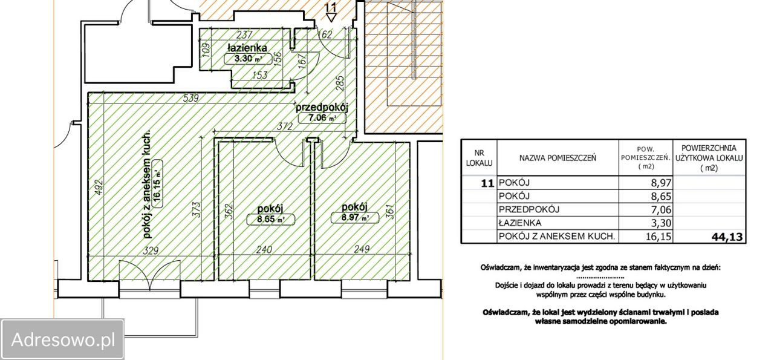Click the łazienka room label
point(247,47)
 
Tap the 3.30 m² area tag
point(248,59)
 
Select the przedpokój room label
point(321,108)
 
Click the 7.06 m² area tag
point(322,118)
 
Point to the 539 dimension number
point(190,98)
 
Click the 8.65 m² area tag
point(270,219)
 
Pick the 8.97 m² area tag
point(355,218)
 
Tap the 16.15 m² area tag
point(157,184)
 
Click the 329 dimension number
point(151,250)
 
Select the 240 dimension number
point(264,249)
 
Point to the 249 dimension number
point(362,249)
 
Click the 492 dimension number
point(99,187)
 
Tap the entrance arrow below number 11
point(331,18)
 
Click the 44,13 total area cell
point(727,237)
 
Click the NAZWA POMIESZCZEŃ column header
point(558,158)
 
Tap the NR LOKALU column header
point(479,158)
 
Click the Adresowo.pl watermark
point(62,339)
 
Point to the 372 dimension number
point(284,126)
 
